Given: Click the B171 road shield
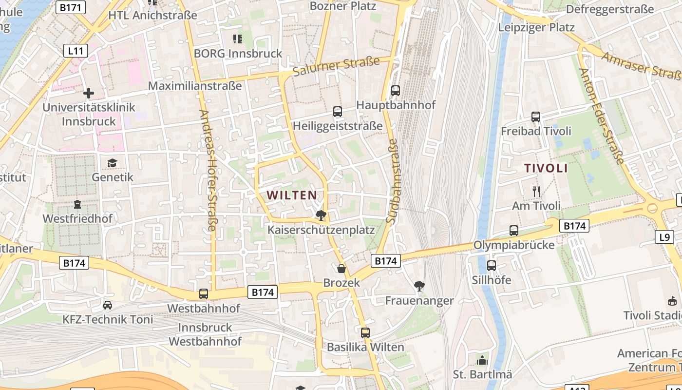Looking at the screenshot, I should click(x=71, y=7).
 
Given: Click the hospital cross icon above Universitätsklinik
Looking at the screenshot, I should click(x=89, y=93).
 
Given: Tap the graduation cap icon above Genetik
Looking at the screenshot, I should click(x=113, y=163).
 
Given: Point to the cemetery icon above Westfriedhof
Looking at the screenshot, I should click(x=77, y=204).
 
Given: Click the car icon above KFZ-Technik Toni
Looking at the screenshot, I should click(x=108, y=305).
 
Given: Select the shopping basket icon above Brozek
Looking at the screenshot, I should click(x=341, y=269).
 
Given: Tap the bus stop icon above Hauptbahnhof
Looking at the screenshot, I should click(x=396, y=90).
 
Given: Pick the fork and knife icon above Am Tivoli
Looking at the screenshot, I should click(x=536, y=191).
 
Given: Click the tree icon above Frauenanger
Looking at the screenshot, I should click(x=419, y=286).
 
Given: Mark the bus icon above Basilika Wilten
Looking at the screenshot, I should click(x=365, y=333).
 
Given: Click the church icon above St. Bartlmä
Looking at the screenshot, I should click(x=482, y=360).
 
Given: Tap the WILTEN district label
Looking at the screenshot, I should click(x=292, y=195).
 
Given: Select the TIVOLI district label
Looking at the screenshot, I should click(x=546, y=168).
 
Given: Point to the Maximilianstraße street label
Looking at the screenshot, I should click(x=195, y=86).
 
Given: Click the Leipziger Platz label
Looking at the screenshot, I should click(x=536, y=27).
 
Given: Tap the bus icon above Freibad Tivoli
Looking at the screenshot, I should click(x=536, y=117).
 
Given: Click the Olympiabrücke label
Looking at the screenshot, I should click(x=514, y=245).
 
